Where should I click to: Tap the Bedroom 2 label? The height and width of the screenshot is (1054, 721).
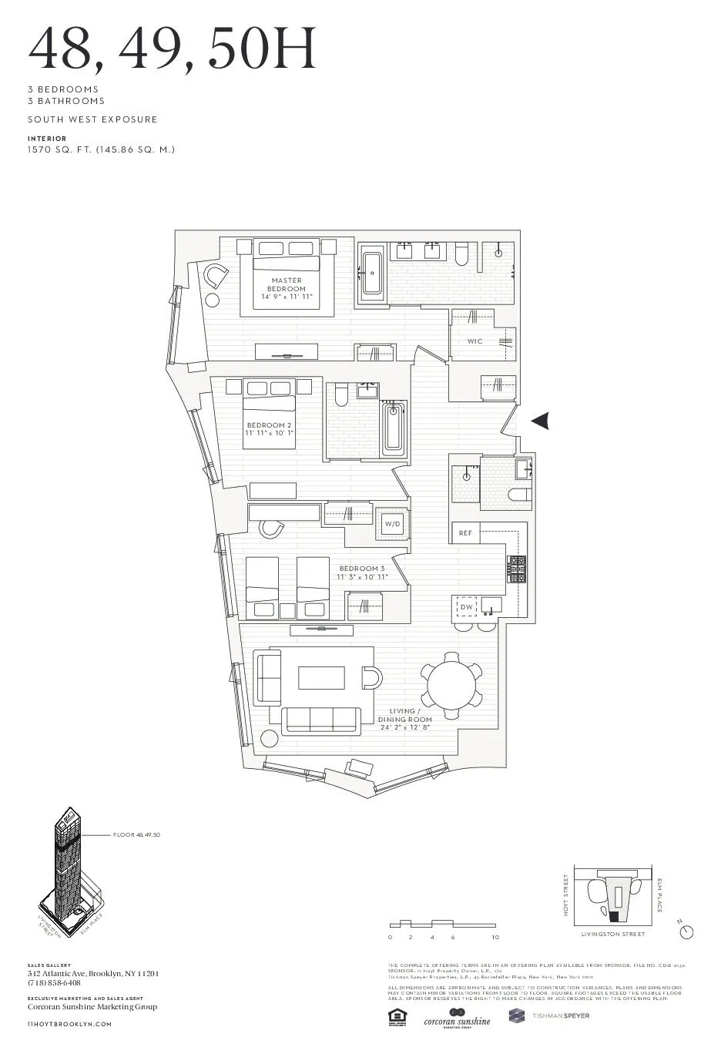click(x=269, y=429)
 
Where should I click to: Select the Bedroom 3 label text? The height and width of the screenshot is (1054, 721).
click(x=361, y=572)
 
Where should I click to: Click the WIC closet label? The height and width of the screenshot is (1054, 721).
click(x=475, y=341)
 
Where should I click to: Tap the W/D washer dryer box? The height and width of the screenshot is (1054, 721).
click(x=393, y=524)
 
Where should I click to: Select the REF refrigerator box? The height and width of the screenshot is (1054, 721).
click(x=465, y=533)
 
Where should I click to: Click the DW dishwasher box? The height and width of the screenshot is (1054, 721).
click(x=467, y=607)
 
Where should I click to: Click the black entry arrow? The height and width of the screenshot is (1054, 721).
click(x=542, y=420)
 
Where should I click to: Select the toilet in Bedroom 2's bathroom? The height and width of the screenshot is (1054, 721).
click(x=342, y=397)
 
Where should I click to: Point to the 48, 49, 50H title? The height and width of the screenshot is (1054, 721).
click(x=172, y=49)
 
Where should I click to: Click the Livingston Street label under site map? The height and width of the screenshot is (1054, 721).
click(x=613, y=934)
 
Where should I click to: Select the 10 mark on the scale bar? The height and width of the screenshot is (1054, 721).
click(x=495, y=938)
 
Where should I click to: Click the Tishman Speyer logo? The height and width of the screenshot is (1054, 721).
click(x=548, y=1016)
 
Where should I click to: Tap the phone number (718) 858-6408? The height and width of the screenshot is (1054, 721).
click(x=54, y=983)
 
